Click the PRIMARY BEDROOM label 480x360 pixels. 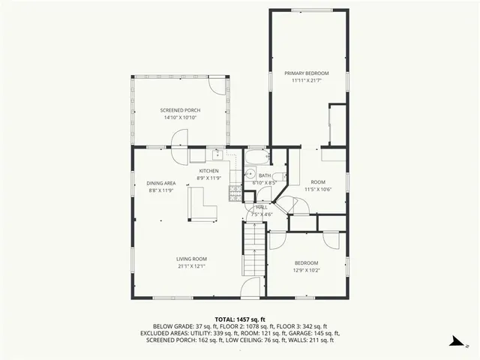307,73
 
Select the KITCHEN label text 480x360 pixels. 208,171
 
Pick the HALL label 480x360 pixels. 262,207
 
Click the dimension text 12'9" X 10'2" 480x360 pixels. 306,270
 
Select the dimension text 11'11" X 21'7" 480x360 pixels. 307,80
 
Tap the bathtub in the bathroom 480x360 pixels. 256,157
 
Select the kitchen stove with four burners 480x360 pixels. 235,193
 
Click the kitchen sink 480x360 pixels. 217,156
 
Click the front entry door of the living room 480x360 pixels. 251,289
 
